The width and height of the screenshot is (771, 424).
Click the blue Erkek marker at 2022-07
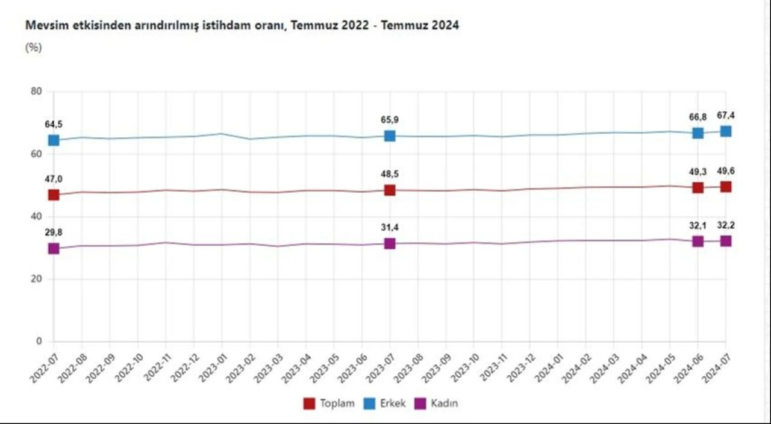54,140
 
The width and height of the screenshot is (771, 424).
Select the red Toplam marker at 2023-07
390,190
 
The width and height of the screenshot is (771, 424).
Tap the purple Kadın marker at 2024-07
726,241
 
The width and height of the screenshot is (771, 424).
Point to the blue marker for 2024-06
698,133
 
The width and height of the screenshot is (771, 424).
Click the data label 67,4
726,116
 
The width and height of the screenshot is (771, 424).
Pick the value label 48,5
390,174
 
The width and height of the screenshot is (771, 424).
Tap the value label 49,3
698,172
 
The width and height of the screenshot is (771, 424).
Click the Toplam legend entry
329,404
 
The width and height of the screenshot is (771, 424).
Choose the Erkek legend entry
385,404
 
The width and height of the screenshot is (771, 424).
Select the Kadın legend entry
438,404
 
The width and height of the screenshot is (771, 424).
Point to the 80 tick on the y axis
37,92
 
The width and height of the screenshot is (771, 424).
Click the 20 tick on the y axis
37,279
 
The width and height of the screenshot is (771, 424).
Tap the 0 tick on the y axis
39,341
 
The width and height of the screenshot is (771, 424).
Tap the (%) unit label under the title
33,48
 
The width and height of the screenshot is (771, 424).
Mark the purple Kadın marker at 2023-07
390,243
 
